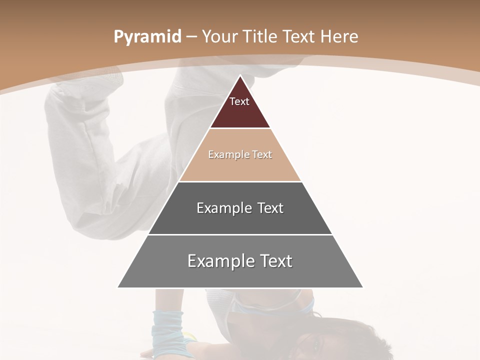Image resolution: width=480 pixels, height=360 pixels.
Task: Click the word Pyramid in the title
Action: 147,36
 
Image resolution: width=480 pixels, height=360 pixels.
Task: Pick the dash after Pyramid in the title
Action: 191,37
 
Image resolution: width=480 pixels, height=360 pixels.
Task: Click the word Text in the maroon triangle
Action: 239,101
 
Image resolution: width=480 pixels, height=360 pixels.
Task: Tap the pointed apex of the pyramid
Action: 240,76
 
